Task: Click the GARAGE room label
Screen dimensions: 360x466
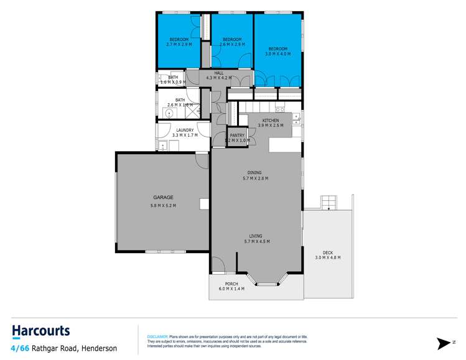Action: [163, 197]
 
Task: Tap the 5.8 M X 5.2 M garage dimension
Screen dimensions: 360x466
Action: [163, 206]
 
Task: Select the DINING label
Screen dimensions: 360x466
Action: [254, 173]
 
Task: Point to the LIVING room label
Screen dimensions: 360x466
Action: [256, 236]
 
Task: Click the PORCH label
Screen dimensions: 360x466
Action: [231, 284]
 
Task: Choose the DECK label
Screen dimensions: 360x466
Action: [327, 252]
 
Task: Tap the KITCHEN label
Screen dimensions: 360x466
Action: [270, 120]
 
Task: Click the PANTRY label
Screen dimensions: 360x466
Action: [237, 135]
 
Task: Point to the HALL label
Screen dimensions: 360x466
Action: [218, 73]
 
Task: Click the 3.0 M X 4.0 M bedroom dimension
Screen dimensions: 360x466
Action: [278, 54]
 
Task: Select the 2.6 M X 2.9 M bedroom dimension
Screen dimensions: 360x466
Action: [231, 45]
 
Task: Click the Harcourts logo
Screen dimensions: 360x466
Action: [40, 331]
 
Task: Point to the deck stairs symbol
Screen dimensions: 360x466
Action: [328, 202]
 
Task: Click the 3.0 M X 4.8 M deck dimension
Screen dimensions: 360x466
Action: [327, 257]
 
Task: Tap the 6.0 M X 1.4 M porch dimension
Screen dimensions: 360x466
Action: [231, 289]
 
